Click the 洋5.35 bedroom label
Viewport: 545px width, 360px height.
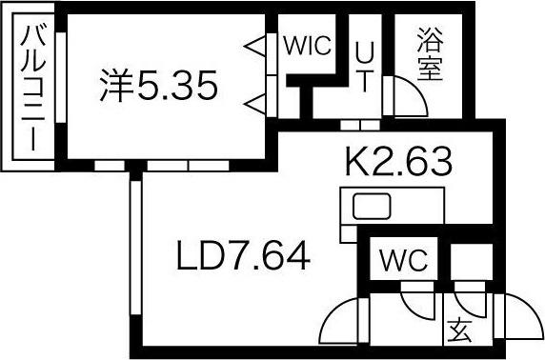(x=159, y=87)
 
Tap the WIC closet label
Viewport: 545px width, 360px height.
(x=307, y=45)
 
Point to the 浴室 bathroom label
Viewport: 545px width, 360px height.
(x=430, y=56)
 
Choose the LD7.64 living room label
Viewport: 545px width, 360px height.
(x=242, y=255)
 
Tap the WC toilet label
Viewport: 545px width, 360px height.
(x=405, y=258)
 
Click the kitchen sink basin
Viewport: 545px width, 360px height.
(x=370, y=206)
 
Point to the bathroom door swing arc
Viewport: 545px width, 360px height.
(x=405, y=100)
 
